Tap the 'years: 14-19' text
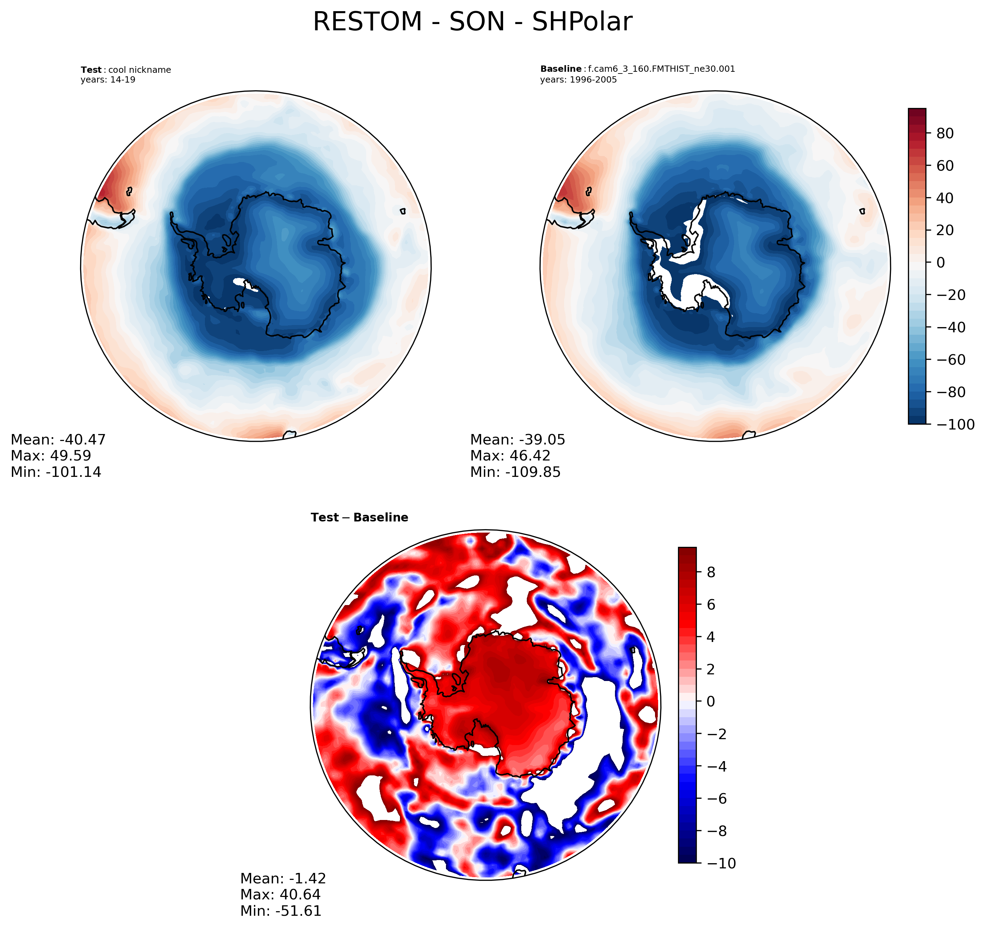click(108, 80)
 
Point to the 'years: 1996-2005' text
click(578, 80)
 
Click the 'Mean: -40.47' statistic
click(58, 440)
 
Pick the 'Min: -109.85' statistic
click(515, 472)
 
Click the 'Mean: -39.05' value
click(517, 440)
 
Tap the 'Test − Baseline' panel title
click(359, 518)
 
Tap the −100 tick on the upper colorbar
click(955, 425)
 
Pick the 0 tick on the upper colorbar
click(940, 263)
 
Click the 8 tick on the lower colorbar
click(711, 572)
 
